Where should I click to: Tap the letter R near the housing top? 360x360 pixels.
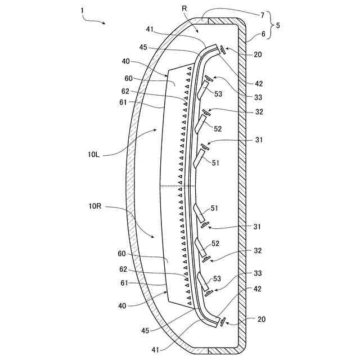click(185, 9)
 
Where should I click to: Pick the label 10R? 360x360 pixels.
click(94, 207)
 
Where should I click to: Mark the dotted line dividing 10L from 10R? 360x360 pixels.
click(178, 186)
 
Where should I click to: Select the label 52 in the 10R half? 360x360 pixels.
click(215, 244)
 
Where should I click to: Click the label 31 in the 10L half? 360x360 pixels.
click(258, 139)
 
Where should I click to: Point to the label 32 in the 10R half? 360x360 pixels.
click(258, 250)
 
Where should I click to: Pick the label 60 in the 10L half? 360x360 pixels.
click(128, 78)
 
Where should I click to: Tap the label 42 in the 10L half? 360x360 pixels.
click(258, 83)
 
